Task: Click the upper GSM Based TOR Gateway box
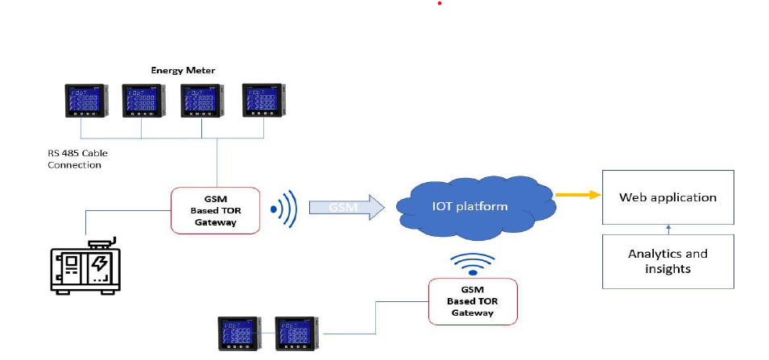tap(216, 211)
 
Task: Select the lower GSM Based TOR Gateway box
tap(473, 300)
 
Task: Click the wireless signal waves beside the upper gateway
tap(287, 211)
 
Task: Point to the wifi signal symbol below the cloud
tap(471, 263)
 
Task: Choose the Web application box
tap(668, 197)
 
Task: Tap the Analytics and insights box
tap(668, 261)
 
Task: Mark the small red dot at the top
tap(439, 4)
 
